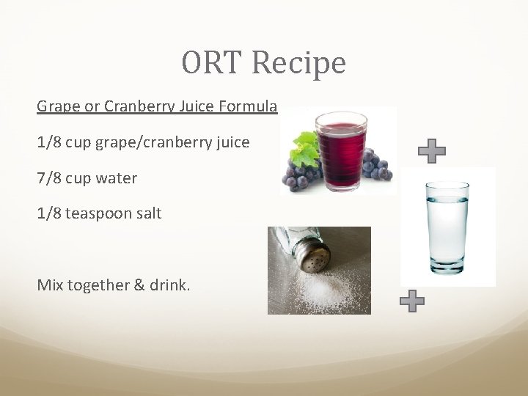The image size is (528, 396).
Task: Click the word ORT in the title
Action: pyautogui.click(x=213, y=63)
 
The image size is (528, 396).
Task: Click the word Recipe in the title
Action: pyautogui.click(x=298, y=63)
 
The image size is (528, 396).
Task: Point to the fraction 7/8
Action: pyautogui.click(x=49, y=178)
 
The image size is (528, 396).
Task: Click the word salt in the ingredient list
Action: pyautogui.click(x=150, y=213)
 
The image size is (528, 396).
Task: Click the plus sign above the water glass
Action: pyautogui.click(x=432, y=150)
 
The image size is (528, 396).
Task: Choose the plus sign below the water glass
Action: pyautogui.click(x=413, y=301)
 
